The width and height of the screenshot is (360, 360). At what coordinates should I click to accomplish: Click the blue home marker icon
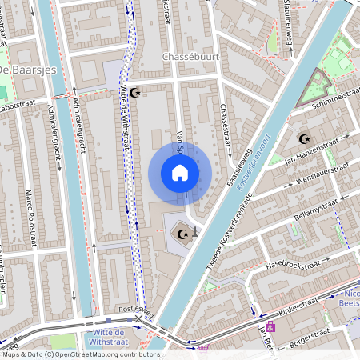tap(180, 173)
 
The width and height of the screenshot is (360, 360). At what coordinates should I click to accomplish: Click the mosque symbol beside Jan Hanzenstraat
tap(303, 138)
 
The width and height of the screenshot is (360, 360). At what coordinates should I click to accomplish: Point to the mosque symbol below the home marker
tap(182, 234)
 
